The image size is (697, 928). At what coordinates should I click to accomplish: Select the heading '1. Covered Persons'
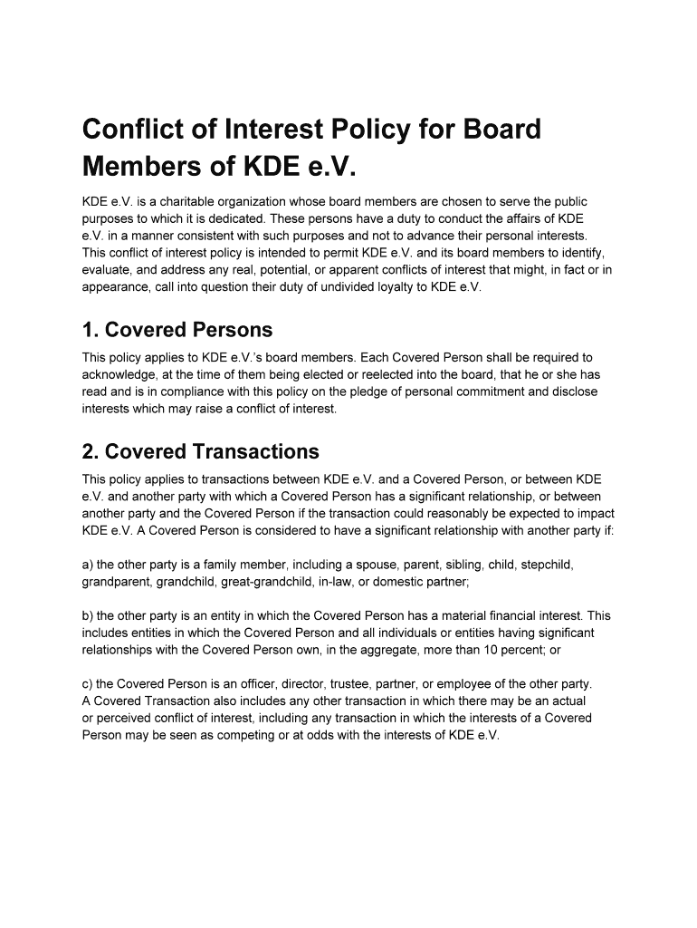[x=177, y=329]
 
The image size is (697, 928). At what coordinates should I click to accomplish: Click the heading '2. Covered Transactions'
[x=200, y=451]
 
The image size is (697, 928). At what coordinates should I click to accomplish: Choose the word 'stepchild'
[x=542, y=565]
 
